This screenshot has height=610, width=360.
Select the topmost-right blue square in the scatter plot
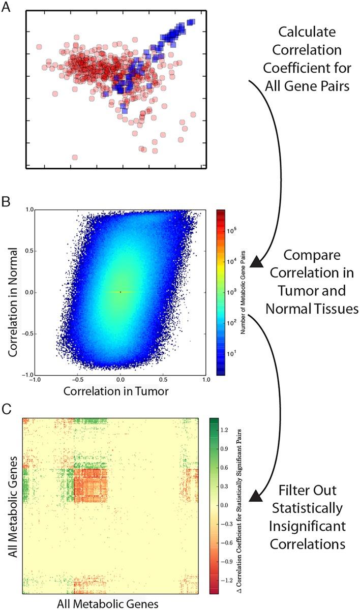(191, 22)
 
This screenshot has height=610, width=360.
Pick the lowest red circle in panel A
(75, 158)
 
